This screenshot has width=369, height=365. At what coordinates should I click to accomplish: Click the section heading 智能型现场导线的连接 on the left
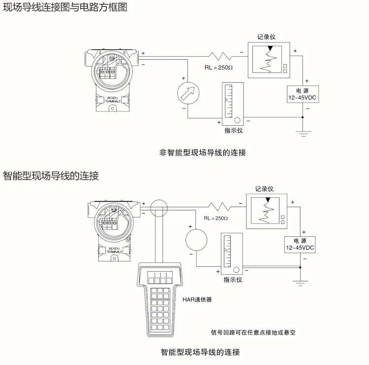point(51,176)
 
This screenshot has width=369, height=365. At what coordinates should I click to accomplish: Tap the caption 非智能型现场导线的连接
point(203,152)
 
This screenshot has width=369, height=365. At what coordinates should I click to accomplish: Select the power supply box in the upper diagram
point(302,94)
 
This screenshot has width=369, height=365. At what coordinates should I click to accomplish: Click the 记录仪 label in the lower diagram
point(264,188)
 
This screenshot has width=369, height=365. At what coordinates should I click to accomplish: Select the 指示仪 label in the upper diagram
point(234,131)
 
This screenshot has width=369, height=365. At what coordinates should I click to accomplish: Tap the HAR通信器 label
point(197,298)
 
